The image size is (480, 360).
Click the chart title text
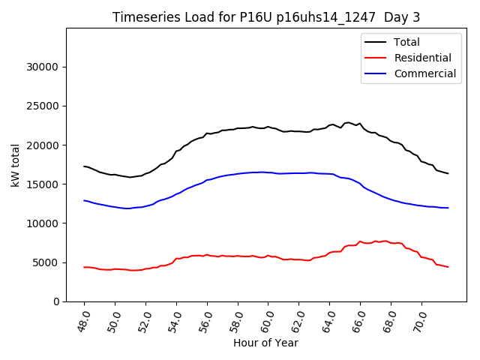pos(266,17)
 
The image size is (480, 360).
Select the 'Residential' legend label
pos(422,58)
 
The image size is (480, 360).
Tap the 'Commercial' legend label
pos(424,73)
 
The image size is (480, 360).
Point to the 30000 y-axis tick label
pos(43,67)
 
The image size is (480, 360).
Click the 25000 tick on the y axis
pos(43,106)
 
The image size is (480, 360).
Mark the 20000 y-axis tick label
pos(43,145)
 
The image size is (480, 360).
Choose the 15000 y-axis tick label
pos(43,184)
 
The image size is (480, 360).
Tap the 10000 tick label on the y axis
pos(43,223)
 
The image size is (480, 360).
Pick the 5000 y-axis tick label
pos(46,262)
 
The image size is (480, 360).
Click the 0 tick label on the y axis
pos(55,301)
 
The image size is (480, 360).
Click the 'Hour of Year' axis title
pos(265,343)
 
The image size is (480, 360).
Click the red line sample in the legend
pos(376,58)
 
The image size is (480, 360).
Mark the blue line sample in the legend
pos(376,73)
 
